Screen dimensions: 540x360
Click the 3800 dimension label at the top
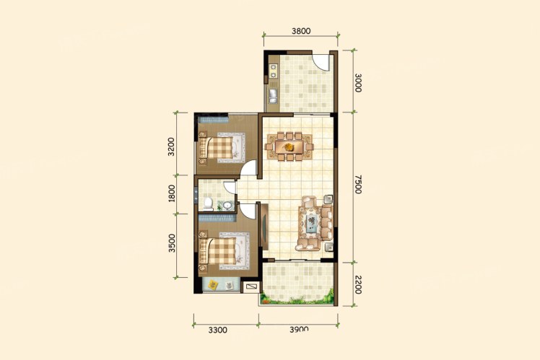pyautogui.click(x=301, y=31)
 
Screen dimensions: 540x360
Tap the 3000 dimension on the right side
pyautogui.click(x=358, y=82)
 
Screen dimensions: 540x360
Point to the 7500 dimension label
pyautogui.click(x=358, y=185)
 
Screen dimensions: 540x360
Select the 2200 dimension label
pyautogui.click(x=358, y=285)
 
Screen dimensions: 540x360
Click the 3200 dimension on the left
pyautogui.click(x=172, y=146)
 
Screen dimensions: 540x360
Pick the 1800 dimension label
pyautogui.click(x=172, y=193)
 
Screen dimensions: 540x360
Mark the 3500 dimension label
pyautogui.click(x=172, y=243)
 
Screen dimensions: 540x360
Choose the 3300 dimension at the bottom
pyautogui.click(x=217, y=330)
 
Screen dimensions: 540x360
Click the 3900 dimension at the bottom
pyautogui.click(x=299, y=329)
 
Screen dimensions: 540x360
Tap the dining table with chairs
pyautogui.click(x=289, y=146)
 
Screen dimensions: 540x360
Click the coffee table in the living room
pyautogui.click(x=312, y=223)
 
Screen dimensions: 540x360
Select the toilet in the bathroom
pyautogui.click(x=208, y=203)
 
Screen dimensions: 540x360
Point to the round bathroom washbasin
pyautogui.click(x=227, y=206)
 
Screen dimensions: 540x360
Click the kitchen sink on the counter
pyautogui.click(x=273, y=96)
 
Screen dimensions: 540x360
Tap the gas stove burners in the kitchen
pyautogui.click(x=274, y=71)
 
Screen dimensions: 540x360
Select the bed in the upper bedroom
pyautogui.click(x=221, y=147)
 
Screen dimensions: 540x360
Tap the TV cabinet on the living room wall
pyautogui.click(x=264, y=227)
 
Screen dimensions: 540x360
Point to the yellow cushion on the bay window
pyautogui.click(x=214, y=284)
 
